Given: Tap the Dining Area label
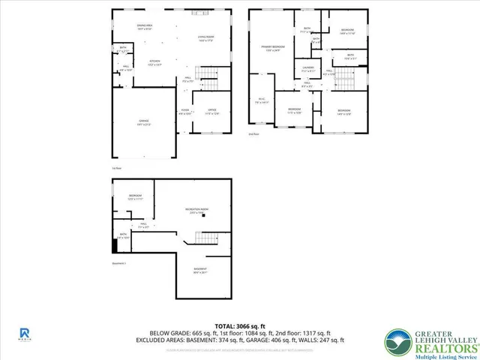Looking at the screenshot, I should (x=145, y=28).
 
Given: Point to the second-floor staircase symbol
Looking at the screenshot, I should (x=343, y=76).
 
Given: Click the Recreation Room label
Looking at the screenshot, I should (x=197, y=210).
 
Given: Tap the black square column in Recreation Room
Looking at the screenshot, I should (x=212, y=216).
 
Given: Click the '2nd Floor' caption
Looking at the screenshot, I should (x=253, y=133).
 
